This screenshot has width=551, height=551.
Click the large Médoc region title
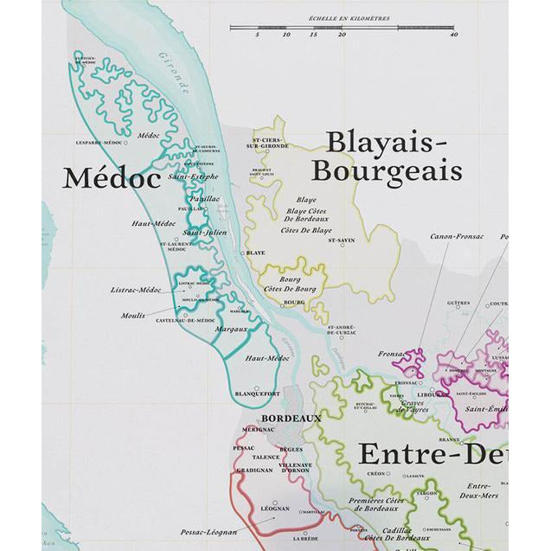coord(112,179)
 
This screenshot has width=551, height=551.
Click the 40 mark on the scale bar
coord(453,35)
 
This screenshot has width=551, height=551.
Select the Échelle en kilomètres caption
coord(343,18)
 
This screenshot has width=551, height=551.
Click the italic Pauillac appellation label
coord(205,198)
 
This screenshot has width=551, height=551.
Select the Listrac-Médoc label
coord(137,290)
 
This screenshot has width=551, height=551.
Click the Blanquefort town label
coord(257,394)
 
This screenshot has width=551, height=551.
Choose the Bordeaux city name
coord(291,418)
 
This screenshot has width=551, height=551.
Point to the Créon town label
coord(376,474)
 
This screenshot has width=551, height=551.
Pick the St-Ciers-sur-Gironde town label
coord(268,143)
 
